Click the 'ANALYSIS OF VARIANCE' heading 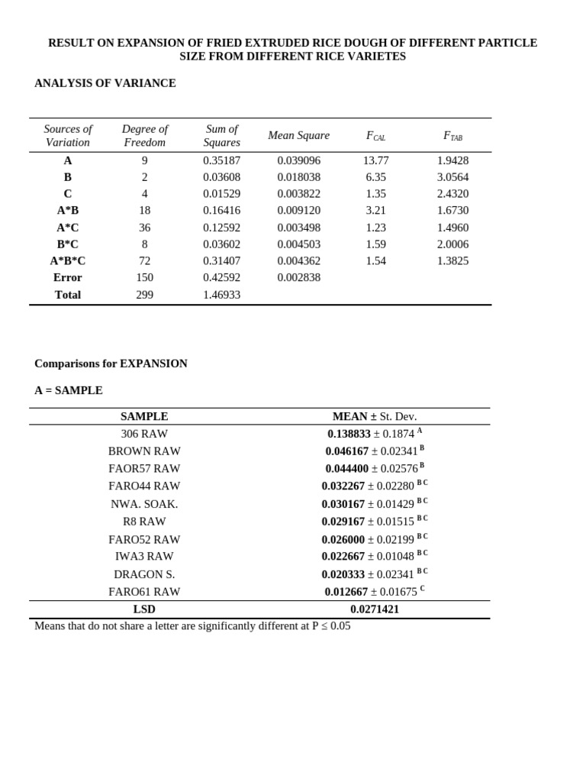pyautogui.click(x=105, y=83)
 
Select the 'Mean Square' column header pyautogui.click(x=298, y=135)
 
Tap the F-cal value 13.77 pyautogui.click(x=375, y=160)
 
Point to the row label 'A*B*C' pyautogui.click(x=68, y=260)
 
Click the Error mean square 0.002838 pyautogui.click(x=298, y=277)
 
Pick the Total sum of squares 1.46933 pyautogui.click(x=221, y=295)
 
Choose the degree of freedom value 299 pyautogui.click(x=144, y=295)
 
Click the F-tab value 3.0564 pyautogui.click(x=452, y=177)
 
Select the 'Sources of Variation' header pyautogui.click(x=68, y=136)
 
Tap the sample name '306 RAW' pyautogui.click(x=144, y=434)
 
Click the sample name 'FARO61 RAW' pyautogui.click(x=144, y=592)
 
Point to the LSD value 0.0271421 pyautogui.click(x=375, y=609)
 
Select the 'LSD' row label pyautogui.click(x=144, y=609)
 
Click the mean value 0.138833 pyautogui.click(x=349, y=434)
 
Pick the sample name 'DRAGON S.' pyautogui.click(x=144, y=574)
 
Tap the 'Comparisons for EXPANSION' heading pyautogui.click(x=111, y=364)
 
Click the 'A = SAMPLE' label pyautogui.click(x=69, y=390)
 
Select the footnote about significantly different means pyautogui.click(x=192, y=626)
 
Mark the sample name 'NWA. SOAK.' pyautogui.click(x=144, y=504)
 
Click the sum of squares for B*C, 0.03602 pyautogui.click(x=221, y=244)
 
